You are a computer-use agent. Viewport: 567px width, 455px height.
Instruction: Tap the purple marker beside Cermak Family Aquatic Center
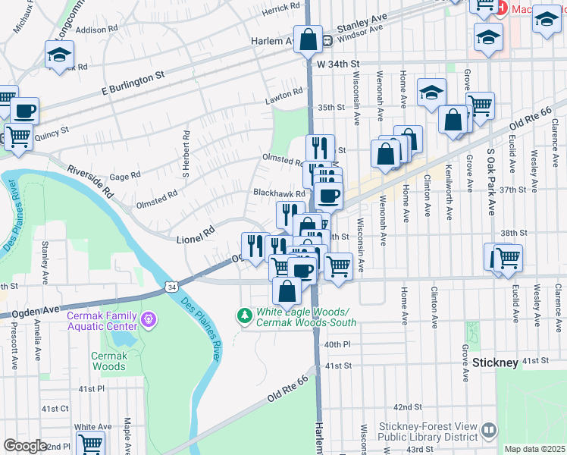[x=149, y=321]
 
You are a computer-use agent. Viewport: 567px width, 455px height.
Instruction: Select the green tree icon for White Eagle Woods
[x=244, y=315]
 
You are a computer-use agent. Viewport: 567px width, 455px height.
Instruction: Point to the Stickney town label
[x=496, y=362]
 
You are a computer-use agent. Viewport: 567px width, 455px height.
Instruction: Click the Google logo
[x=25, y=446]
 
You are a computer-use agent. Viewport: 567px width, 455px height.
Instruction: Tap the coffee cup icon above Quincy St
[x=23, y=111]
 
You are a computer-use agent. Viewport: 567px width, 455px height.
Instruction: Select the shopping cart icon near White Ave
[x=91, y=442]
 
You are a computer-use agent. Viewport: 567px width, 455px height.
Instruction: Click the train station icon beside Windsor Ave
[x=327, y=40]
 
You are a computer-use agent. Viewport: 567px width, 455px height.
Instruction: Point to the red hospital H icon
[x=500, y=8]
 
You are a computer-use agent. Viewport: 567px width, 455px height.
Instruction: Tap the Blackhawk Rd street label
[x=278, y=194]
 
